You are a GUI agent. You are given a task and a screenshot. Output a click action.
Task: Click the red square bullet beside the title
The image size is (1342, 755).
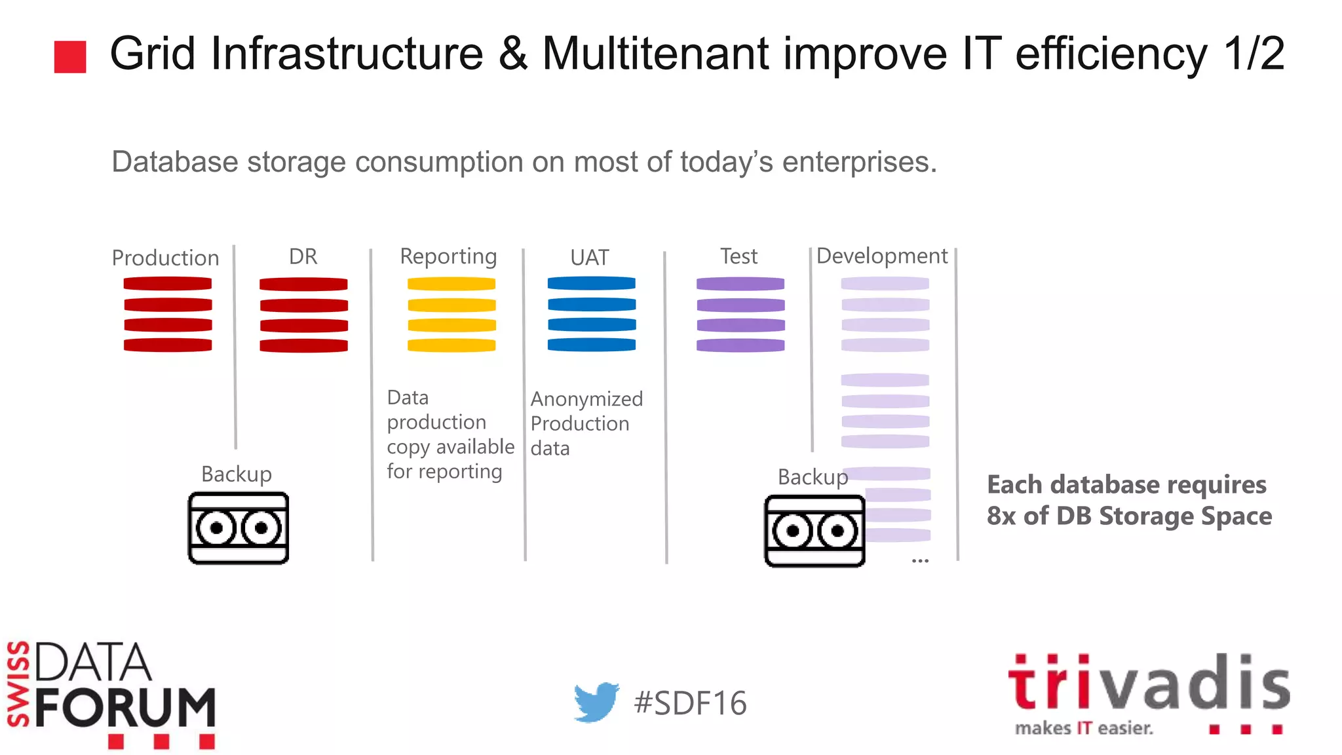70,56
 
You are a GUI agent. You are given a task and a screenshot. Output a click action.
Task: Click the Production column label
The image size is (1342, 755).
165,258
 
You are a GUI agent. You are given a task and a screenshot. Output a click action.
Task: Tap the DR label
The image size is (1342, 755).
303,256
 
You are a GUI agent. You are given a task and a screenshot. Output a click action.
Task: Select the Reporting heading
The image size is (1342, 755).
448,256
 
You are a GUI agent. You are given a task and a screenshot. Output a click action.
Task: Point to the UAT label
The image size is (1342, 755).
589,258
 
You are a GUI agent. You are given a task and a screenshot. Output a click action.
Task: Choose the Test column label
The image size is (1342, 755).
738,256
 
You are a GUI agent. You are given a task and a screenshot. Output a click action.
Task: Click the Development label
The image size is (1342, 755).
882,256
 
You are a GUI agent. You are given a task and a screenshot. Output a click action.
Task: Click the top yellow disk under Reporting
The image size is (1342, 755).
451,284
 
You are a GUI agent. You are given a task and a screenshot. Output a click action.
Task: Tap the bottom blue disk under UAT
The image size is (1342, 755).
592,344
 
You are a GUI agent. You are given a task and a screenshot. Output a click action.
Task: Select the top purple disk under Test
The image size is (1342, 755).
740,284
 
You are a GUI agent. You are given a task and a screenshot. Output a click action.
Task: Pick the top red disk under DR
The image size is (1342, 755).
303,284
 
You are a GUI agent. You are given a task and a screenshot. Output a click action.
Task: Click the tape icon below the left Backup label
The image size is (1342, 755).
239,528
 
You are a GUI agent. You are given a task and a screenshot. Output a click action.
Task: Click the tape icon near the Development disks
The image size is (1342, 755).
815,531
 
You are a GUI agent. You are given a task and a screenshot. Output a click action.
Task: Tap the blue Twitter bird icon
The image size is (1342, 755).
596,701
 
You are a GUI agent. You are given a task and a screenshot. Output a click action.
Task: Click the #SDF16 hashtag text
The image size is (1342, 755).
690,703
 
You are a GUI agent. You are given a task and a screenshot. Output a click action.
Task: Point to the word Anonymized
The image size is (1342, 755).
586,398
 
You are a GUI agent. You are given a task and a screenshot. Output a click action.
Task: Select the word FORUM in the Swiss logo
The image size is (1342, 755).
125,708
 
